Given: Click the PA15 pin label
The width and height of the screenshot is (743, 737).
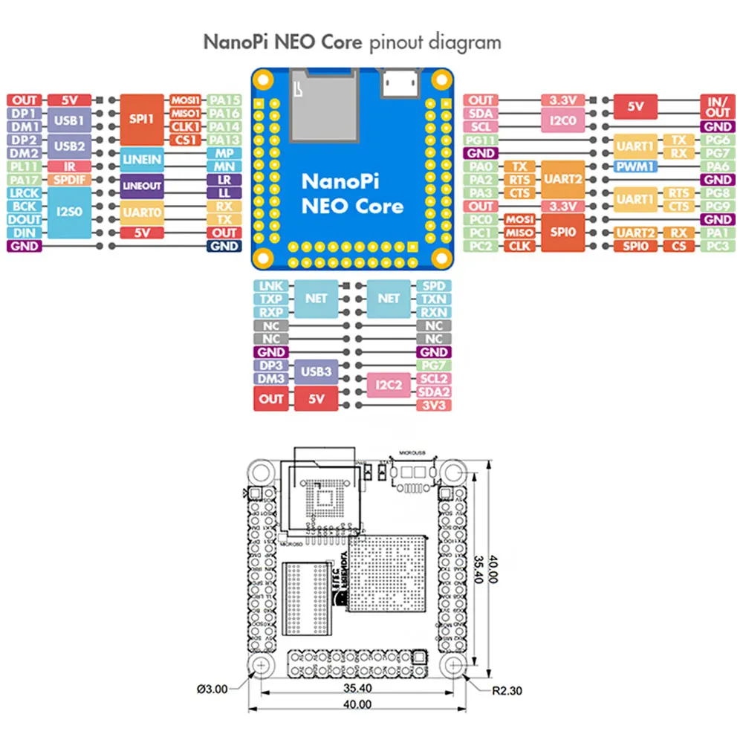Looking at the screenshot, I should click(224, 100).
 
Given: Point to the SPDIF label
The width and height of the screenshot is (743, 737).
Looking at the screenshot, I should click(69, 180).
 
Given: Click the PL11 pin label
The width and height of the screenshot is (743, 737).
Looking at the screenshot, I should click(25, 166).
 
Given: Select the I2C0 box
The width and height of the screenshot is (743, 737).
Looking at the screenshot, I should click(562, 120).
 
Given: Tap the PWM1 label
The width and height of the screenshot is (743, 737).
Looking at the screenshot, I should click(635, 166).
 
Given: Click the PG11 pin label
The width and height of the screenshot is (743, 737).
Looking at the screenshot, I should click(481, 140).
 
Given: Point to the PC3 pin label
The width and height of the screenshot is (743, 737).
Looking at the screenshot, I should click(718, 246).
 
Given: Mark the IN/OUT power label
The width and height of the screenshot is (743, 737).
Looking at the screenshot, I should click(718, 106).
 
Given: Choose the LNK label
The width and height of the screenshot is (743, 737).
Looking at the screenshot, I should click(267, 286).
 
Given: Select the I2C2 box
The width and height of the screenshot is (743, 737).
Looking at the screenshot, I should click(389, 385).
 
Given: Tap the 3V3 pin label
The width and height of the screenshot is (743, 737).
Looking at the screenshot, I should click(432, 405).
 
